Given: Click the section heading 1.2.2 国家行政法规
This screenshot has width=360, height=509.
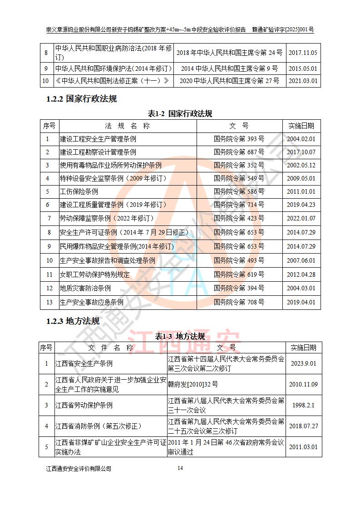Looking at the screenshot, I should pyautogui.click(x=81, y=99).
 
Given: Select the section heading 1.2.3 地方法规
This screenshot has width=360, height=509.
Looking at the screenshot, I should pyautogui.click(x=73, y=321).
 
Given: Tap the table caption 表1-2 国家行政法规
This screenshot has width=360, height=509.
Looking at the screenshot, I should pyautogui.click(x=180, y=113).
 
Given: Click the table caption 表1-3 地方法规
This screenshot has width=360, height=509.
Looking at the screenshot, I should pyautogui.click(x=180, y=336).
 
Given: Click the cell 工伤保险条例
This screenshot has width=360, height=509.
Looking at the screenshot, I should pyautogui.click(x=79, y=192).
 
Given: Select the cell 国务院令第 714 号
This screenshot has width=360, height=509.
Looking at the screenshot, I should pyautogui.click(x=239, y=205).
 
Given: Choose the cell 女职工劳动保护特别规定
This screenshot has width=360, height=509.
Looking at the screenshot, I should pyautogui.click(x=94, y=274).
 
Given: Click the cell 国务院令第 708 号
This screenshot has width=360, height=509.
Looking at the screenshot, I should pyautogui.click(x=239, y=302).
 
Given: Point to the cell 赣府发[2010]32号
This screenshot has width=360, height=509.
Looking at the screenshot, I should pyautogui.click(x=192, y=384).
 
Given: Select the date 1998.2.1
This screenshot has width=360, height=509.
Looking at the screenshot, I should pyautogui.click(x=303, y=405).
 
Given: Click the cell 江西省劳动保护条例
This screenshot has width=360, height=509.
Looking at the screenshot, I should pyautogui.click(x=84, y=405).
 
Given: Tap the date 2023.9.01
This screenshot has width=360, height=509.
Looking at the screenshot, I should pyautogui.click(x=303, y=363).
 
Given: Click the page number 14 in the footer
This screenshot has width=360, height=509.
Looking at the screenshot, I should pyautogui.click(x=180, y=468).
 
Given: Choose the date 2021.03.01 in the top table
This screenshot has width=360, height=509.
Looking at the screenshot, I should pyautogui.click(x=303, y=82).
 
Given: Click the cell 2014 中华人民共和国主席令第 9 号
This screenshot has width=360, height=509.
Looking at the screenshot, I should pyautogui.click(x=229, y=69).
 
